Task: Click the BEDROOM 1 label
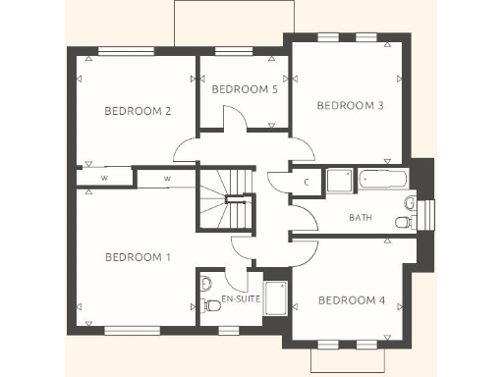138,257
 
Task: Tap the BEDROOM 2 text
138,111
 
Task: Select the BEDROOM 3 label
350,105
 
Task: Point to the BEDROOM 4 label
352,299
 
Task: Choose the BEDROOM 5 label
245,89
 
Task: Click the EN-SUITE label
240,297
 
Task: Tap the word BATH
361,217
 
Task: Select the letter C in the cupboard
307,183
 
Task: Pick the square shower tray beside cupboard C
339,182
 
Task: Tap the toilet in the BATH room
405,224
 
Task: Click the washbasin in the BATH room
409,202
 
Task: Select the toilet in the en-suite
205,285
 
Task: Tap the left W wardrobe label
103,178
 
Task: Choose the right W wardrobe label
166,179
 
